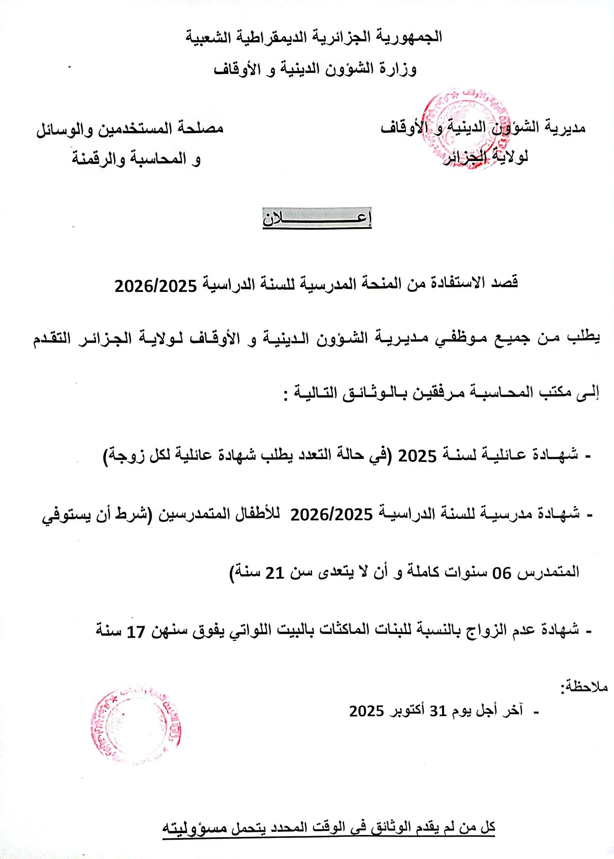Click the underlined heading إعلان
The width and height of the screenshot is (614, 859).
coord(317,219)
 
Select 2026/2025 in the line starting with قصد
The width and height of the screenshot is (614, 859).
coord(156,286)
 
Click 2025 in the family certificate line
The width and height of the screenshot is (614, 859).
coord(417,455)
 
